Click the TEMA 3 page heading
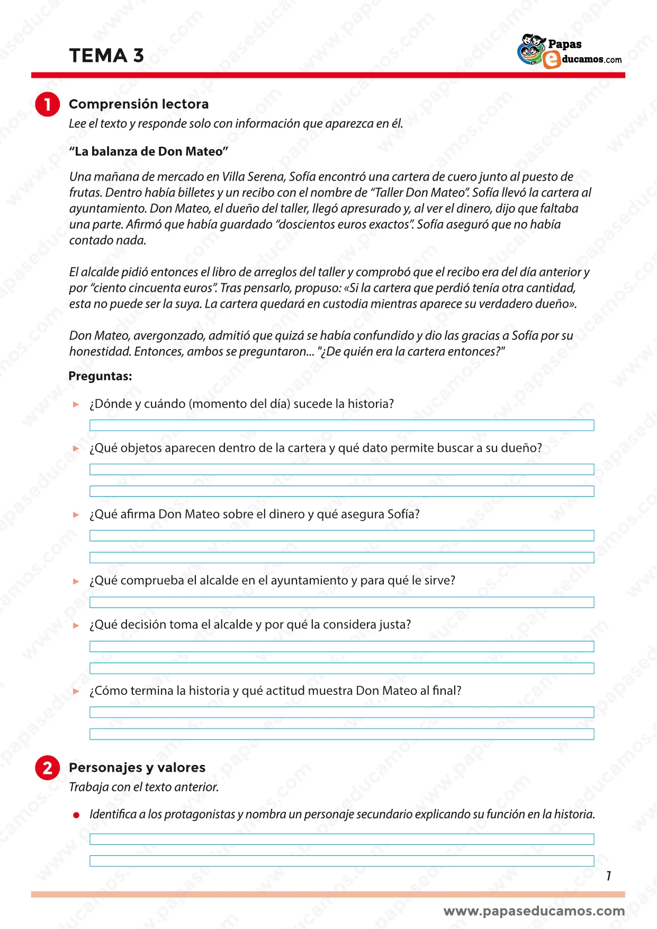(106, 56)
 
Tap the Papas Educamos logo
(569, 52)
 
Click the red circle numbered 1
(47, 104)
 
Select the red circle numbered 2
(47, 768)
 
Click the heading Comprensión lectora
(139, 104)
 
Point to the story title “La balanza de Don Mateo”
(148, 151)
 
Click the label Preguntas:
(100, 377)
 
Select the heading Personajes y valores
(137, 767)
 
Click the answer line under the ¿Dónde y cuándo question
(341, 425)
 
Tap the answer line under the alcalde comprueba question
(341, 602)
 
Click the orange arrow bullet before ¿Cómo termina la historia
(76, 691)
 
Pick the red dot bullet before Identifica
(76, 815)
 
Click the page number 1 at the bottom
(609, 876)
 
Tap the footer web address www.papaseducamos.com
(534, 911)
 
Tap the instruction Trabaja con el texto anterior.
(143, 787)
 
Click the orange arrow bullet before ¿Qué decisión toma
(76, 625)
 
